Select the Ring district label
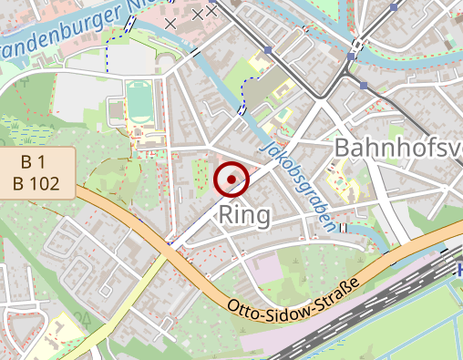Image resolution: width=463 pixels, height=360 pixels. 245,215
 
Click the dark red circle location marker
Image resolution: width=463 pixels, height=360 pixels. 231,179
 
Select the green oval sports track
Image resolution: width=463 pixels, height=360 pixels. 138,104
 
